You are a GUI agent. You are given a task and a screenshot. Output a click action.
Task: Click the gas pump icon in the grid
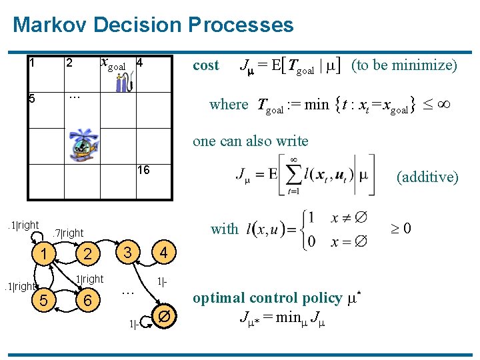[124, 82]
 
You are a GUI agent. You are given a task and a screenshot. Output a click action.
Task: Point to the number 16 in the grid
[143, 171]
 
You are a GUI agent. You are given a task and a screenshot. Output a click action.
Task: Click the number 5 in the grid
[31, 99]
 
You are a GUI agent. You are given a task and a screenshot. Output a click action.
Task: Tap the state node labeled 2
[87, 254]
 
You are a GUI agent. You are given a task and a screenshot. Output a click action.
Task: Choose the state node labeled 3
[127, 252]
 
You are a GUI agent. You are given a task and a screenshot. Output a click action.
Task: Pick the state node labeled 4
[164, 253]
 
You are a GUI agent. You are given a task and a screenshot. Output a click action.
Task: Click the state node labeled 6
[87, 301]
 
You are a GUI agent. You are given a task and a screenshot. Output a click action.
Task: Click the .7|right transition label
[68, 233]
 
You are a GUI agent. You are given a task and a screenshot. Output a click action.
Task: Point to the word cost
[205, 65]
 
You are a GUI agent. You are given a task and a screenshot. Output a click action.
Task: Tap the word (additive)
[427, 177]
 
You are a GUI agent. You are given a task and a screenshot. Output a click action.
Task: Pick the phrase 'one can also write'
[250, 141]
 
